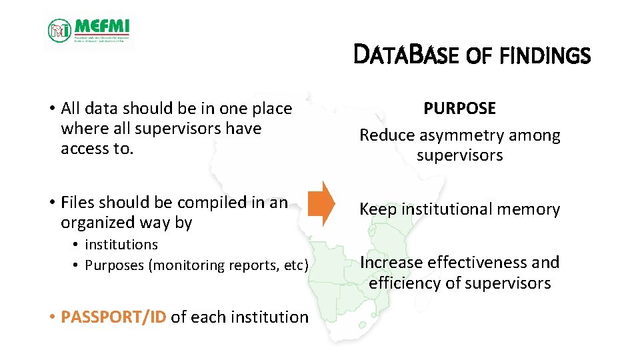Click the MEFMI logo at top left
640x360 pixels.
[89, 31]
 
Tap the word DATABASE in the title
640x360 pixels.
[407, 55]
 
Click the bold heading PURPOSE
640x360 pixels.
[460, 109]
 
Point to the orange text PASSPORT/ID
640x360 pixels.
[113, 317]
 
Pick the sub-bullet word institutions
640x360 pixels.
[121, 245]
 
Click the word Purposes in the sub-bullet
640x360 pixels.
[114, 265]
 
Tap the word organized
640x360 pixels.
[96, 223]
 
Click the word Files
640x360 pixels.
[78, 202]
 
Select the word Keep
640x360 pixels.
[377, 209]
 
